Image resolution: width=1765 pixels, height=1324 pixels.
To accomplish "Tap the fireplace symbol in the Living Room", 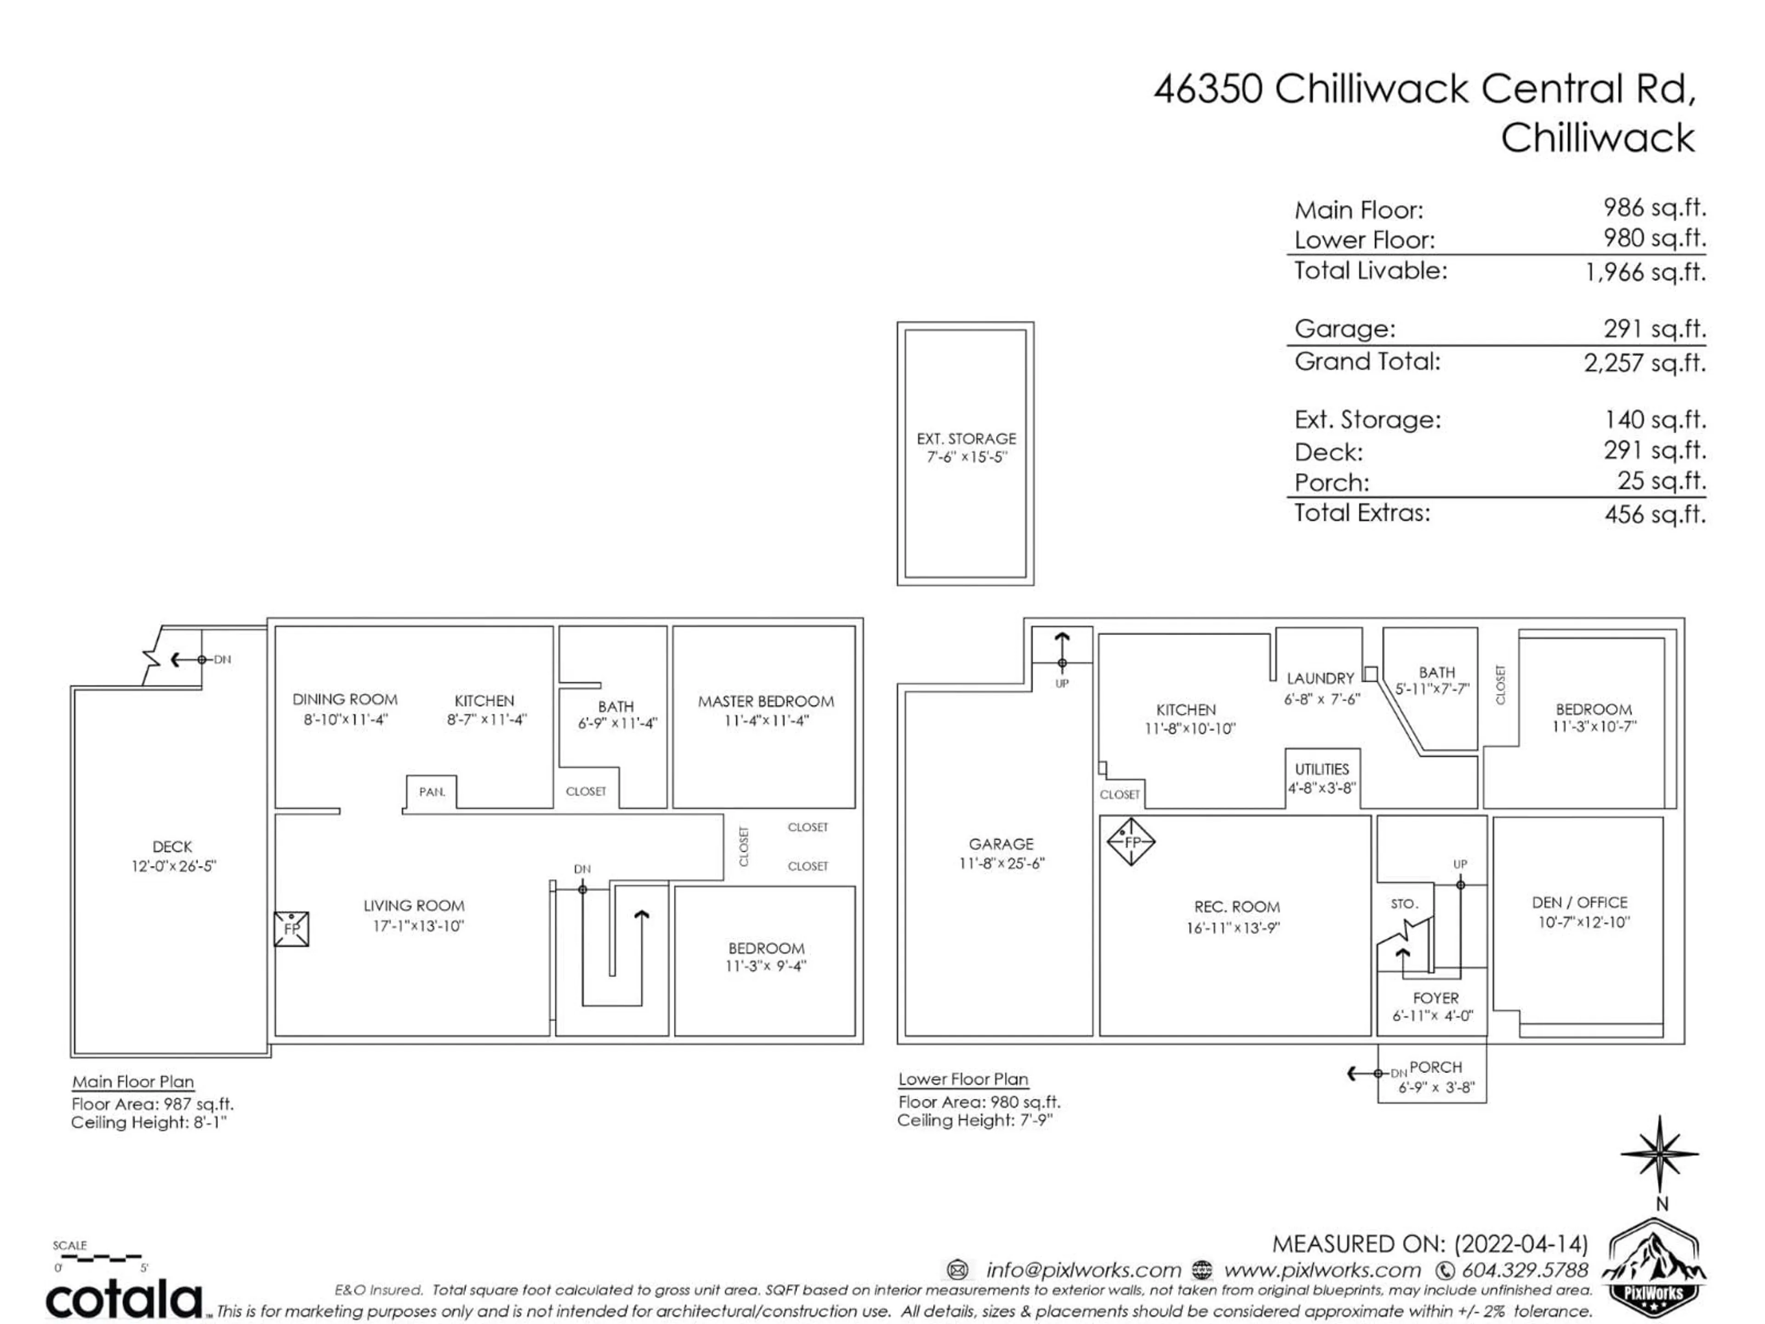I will tap(291, 929).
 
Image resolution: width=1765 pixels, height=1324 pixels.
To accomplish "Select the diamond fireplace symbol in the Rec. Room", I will tap(1131, 842).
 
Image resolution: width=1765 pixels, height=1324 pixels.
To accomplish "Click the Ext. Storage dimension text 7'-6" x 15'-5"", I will tap(966, 457).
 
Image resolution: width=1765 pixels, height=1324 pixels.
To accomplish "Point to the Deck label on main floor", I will tap(172, 847).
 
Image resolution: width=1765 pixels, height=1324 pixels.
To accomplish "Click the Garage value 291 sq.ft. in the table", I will tap(1654, 329).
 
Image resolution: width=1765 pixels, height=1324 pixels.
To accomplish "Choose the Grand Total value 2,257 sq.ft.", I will tap(1645, 363).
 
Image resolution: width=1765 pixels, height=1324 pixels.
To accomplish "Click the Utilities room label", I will tap(1321, 769).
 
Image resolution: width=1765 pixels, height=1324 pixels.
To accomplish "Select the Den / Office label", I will tap(1579, 902).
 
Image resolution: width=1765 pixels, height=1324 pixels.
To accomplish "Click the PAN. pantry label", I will tap(432, 792).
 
